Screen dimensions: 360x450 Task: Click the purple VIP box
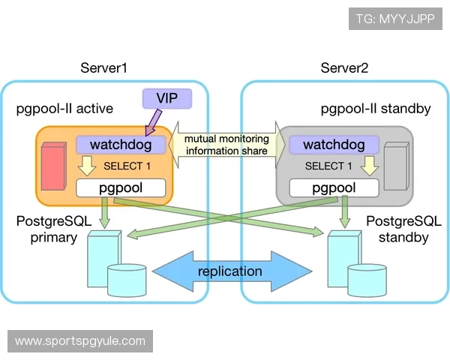(166, 97)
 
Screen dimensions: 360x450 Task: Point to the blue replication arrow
(229, 271)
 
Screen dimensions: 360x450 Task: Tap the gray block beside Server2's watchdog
(395, 166)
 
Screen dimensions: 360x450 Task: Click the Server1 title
(103, 68)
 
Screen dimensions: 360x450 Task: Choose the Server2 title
(344, 68)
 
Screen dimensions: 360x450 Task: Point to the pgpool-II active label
(64, 109)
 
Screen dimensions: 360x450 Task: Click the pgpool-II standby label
(375, 109)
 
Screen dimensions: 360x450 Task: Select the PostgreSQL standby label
(397, 229)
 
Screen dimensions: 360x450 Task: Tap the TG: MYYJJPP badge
(396, 19)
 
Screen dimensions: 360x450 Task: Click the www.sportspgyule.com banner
(80, 341)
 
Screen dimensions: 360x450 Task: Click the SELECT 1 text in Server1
(127, 166)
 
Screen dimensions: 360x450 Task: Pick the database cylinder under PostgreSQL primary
(126, 279)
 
